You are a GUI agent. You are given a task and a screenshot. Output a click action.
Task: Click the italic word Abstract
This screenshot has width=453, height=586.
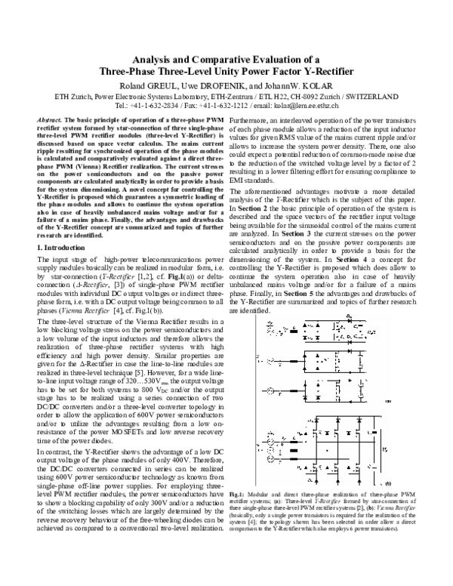coord(49,121)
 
